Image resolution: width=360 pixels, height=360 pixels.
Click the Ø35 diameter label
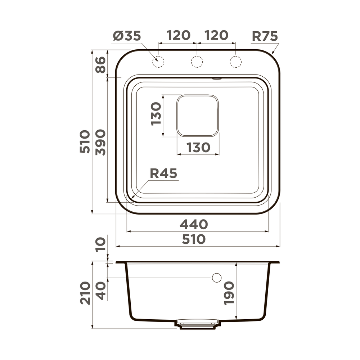pyautogui.click(x=127, y=36)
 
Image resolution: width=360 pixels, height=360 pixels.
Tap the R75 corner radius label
pyautogui.click(x=265, y=36)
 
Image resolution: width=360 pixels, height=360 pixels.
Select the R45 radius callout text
pyautogui.click(x=163, y=174)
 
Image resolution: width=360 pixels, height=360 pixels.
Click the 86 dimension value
pyautogui.click(x=100, y=65)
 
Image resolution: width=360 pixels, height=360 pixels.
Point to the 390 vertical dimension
pyautogui.click(x=100, y=142)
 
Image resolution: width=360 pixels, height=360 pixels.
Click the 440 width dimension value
pyautogui.click(x=194, y=224)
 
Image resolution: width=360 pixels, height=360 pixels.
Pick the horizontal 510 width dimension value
pyautogui.click(x=194, y=239)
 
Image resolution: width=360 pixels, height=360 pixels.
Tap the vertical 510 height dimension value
pyautogui.click(x=85, y=141)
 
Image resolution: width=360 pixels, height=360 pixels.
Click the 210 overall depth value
pyautogui.click(x=85, y=293)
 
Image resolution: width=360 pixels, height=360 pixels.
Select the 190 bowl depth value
pyautogui.click(x=229, y=293)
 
